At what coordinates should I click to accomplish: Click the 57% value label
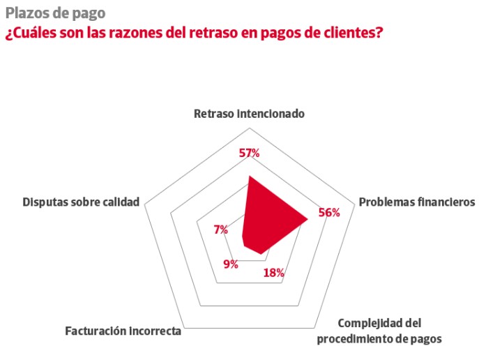(249, 153)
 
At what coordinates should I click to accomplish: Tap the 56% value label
(328, 213)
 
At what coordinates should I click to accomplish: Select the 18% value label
(273, 273)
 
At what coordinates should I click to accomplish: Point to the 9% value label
(231, 264)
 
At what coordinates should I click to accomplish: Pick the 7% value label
(221, 230)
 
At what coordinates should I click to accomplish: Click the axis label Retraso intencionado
(249, 113)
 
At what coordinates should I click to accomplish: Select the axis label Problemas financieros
(416, 202)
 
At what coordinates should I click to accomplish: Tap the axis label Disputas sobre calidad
(81, 202)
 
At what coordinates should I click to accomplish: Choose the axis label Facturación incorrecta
(123, 331)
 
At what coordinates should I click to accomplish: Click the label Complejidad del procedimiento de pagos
(379, 331)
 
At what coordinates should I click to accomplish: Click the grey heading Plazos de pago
(55, 13)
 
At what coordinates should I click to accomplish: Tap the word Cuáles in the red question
(31, 33)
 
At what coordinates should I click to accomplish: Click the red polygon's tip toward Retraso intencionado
(249, 177)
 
